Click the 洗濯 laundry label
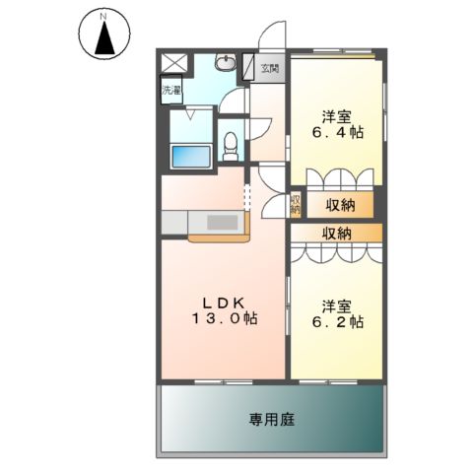171,91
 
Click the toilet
230,144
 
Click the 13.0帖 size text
224,319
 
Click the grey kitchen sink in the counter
220,223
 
